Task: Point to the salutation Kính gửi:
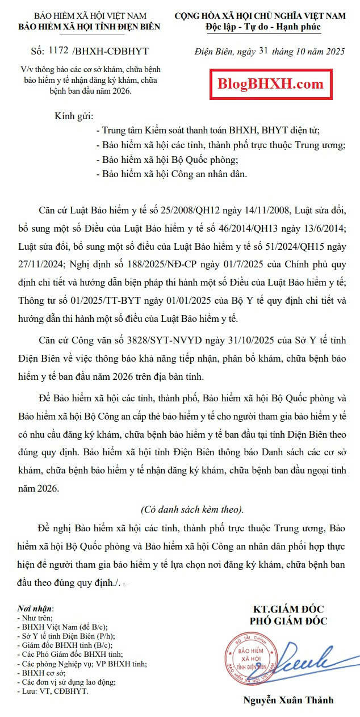tap(73, 116)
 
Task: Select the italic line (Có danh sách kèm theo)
tap(192, 508)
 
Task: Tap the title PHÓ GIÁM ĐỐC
tap(288, 621)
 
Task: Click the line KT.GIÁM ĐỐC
tap(288, 609)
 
